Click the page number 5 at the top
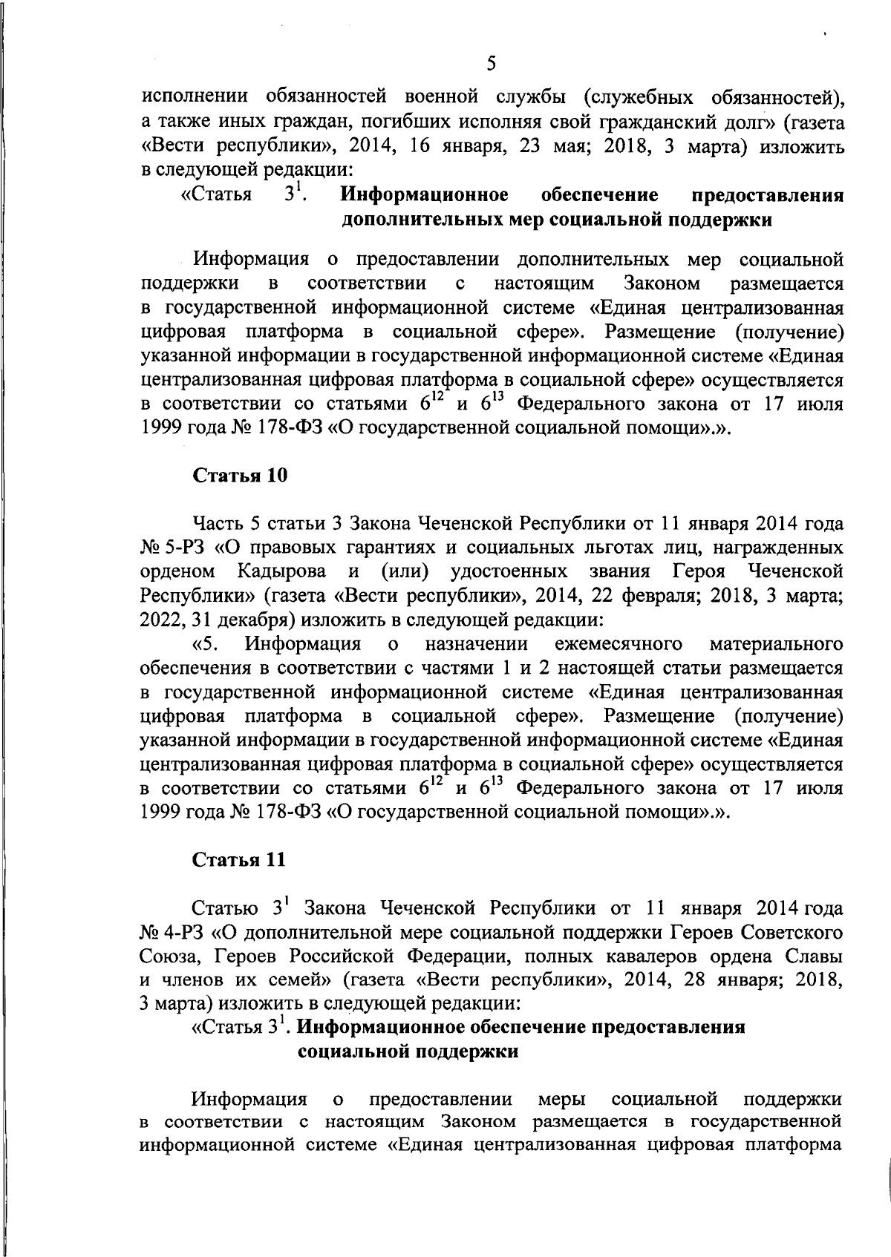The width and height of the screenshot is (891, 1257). click(x=491, y=64)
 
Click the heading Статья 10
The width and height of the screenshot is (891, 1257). click(x=239, y=476)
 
